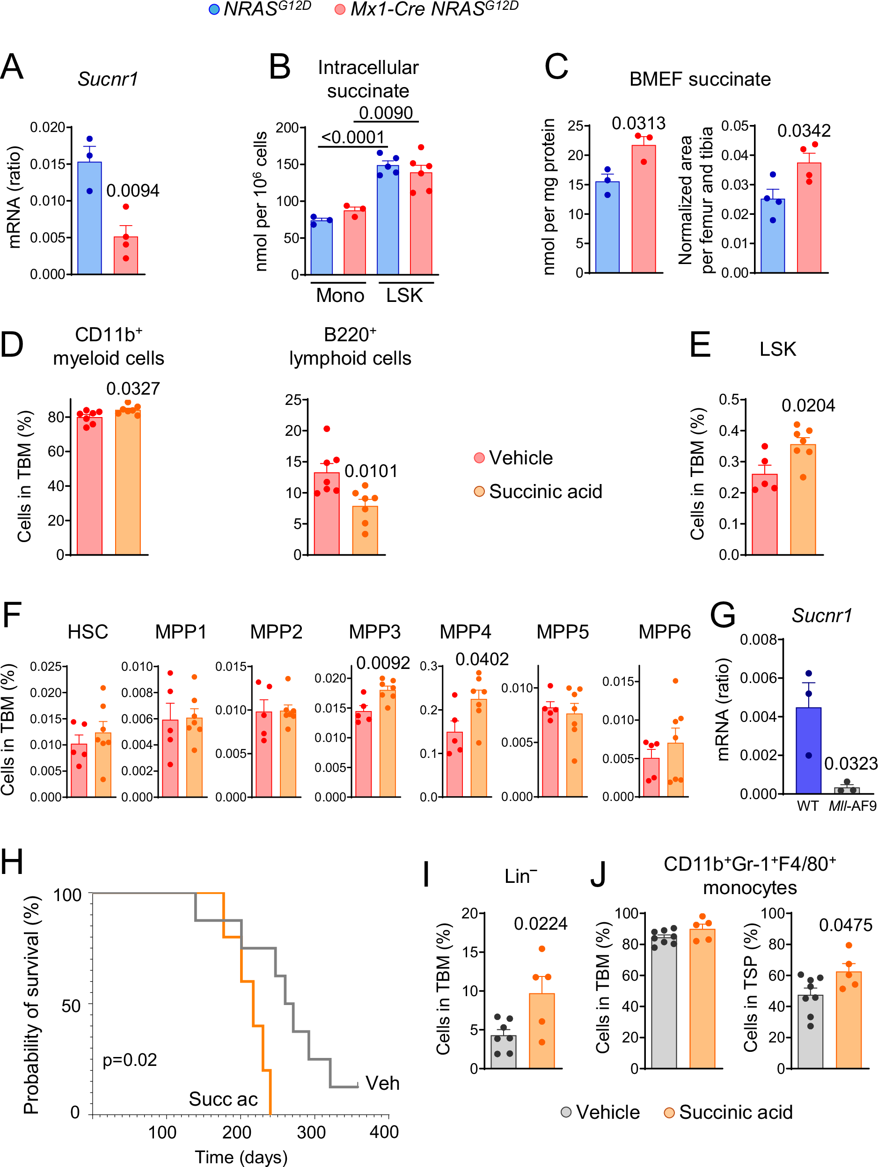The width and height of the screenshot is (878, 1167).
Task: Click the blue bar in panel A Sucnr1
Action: [x=90, y=219]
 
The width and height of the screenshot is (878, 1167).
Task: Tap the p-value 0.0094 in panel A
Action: [x=132, y=191]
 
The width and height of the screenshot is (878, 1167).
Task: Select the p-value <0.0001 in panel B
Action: [x=352, y=137]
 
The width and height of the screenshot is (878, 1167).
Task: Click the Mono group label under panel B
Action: [x=340, y=295]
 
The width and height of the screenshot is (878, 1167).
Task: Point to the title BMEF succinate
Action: [x=699, y=79]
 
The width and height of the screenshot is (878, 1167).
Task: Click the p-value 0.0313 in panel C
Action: [x=638, y=124]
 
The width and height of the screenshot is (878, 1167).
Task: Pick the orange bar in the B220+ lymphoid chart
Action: [x=365, y=530]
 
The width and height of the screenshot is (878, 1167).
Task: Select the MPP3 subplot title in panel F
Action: [x=374, y=631]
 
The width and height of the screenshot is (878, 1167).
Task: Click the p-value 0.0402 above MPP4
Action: [x=482, y=659]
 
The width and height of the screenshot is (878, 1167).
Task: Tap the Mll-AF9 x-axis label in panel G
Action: [x=852, y=806]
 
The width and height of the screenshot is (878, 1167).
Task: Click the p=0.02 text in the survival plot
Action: [x=130, y=1059]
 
